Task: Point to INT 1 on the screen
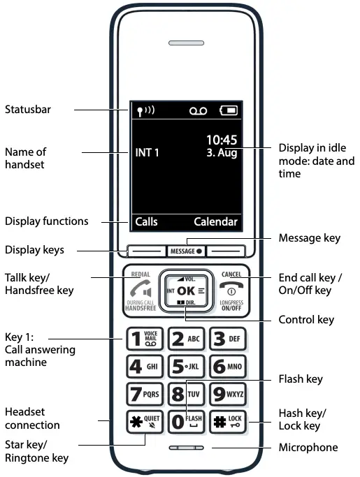point(147,152)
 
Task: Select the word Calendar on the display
point(215,222)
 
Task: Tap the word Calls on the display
point(146,222)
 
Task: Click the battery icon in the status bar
point(228,110)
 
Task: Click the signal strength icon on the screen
point(143,110)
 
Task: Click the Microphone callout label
point(308,447)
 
